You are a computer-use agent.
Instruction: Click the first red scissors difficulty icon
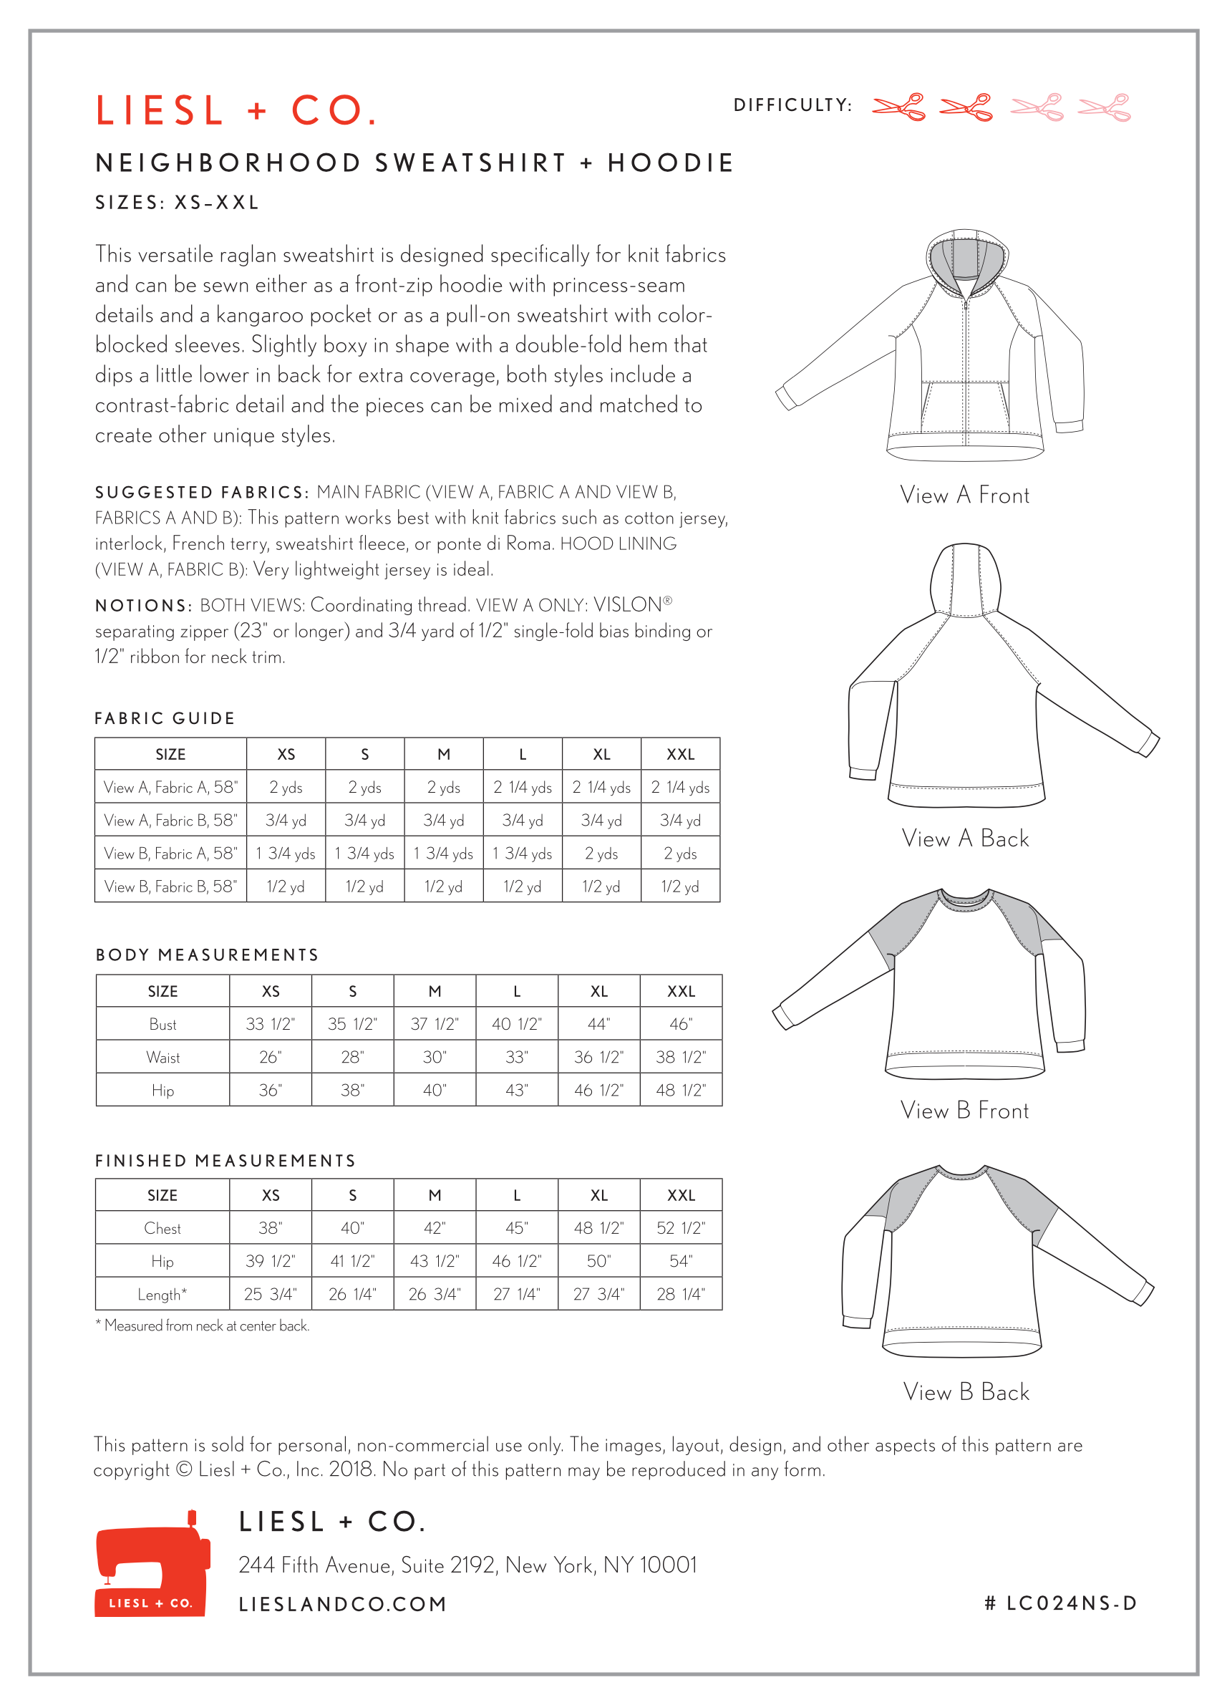898,107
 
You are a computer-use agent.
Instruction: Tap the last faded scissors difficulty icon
1103,107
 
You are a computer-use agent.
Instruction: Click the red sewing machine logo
152,1563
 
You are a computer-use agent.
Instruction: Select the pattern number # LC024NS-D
1061,1603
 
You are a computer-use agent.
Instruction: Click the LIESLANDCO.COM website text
342,1604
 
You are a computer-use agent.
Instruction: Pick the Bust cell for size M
435,1024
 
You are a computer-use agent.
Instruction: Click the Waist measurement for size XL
598,1057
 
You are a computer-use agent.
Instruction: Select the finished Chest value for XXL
681,1228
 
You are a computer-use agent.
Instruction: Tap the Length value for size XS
270,1294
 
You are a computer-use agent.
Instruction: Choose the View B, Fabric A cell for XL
601,853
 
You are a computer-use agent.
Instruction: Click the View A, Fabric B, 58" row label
171,820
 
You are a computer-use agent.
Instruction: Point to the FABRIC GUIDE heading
165,718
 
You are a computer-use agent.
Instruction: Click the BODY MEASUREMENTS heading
207,955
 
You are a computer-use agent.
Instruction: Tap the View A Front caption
965,495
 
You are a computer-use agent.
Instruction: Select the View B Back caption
966,1392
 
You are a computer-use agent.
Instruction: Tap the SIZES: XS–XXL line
177,203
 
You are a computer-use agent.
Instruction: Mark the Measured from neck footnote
203,1325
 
